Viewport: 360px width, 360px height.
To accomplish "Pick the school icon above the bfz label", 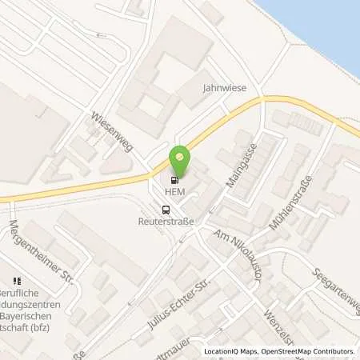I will tap(15, 281).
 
